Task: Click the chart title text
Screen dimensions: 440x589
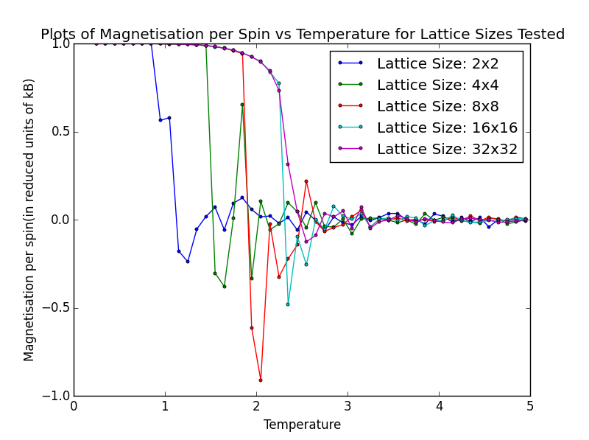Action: click(x=303, y=35)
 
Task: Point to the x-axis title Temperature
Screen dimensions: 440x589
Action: click(x=302, y=425)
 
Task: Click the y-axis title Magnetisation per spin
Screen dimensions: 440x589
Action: click(x=29, y=220)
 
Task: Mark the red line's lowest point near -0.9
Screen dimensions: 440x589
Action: click(x=261, y=380)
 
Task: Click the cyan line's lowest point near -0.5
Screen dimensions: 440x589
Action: click(x=288, y=304)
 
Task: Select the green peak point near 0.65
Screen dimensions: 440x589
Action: click(x=242, y=105)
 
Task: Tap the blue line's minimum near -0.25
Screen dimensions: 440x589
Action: click(x=188, y=262)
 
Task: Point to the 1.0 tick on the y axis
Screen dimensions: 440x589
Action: click(x=61, y=43)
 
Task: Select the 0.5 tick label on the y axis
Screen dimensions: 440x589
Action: click(x=61, y=132)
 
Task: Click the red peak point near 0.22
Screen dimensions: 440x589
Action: click(x=306, y=181)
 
